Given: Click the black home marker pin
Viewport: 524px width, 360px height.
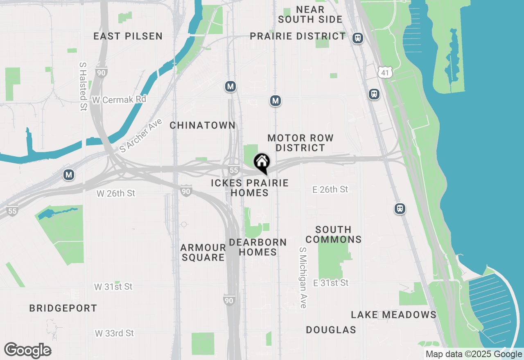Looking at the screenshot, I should point(262,163).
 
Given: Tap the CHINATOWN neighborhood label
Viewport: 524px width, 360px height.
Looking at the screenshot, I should point(203,125).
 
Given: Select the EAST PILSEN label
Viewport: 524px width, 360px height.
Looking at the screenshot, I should point(128,36).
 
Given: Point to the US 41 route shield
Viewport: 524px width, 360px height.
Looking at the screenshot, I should point(385,72).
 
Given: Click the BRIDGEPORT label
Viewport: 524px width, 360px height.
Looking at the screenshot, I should point(63,308).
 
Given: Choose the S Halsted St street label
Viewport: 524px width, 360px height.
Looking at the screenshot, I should point(83,86).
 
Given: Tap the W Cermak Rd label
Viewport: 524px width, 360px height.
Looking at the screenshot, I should point(119,100).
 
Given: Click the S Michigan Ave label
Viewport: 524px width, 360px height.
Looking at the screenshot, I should point(303,277).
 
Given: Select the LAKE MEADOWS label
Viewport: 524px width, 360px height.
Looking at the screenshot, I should point(394,315).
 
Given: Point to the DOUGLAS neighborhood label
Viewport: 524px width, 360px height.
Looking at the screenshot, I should point(331,330).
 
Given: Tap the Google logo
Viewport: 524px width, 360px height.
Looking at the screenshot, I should point(27,351).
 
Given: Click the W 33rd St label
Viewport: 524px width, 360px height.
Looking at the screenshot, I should point(114,333).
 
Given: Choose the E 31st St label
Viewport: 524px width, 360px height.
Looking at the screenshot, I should point(331,283).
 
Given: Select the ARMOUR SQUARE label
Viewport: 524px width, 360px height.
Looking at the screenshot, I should point(203,252).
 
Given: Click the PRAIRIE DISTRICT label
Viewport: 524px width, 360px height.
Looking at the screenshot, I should point(298,36).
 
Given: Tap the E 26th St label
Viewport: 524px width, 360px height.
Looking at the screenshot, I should point(330,189).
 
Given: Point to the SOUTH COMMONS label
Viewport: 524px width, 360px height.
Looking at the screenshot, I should point(334,234).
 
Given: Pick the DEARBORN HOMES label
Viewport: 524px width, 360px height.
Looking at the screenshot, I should point(258,247).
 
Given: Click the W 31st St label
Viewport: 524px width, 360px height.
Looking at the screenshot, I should point(113,287).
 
